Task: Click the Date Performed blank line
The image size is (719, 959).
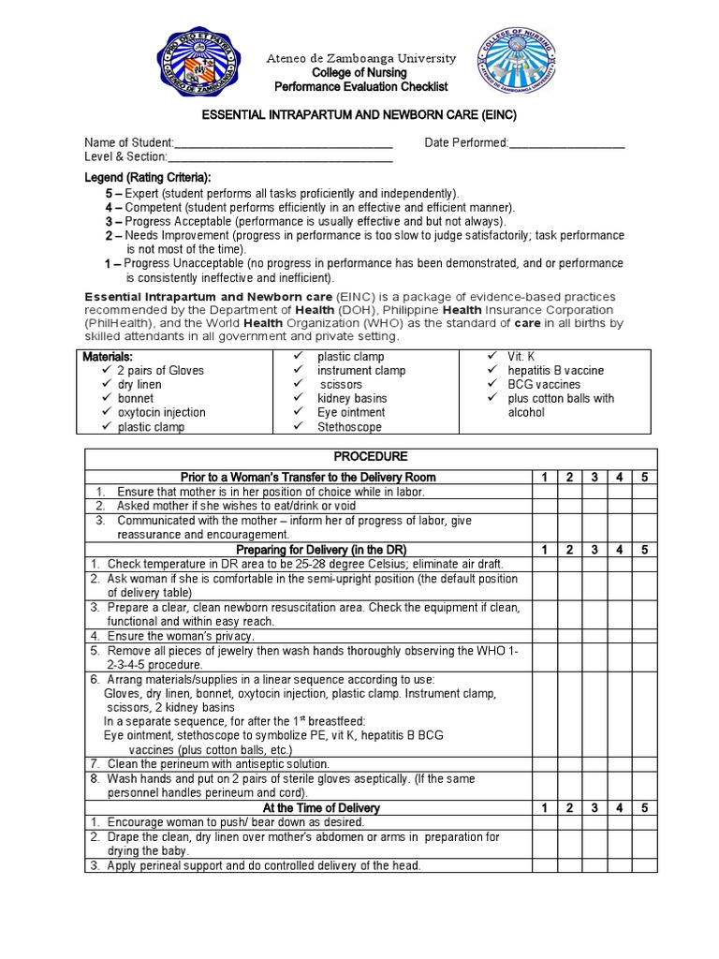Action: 566,143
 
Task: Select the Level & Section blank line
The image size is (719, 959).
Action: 280,157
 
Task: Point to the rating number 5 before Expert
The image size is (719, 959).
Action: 110,193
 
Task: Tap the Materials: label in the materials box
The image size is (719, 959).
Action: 108,357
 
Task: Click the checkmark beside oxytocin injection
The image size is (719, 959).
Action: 105,413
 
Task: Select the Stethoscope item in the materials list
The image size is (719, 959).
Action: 349,427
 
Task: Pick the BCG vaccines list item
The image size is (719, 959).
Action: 544,385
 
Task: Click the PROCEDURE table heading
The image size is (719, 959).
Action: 373,457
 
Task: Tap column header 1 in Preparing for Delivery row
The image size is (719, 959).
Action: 545,550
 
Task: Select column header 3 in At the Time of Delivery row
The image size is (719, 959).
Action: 594,807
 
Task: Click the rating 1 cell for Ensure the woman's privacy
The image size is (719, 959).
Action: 545,637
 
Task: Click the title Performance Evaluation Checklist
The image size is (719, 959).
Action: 361,87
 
